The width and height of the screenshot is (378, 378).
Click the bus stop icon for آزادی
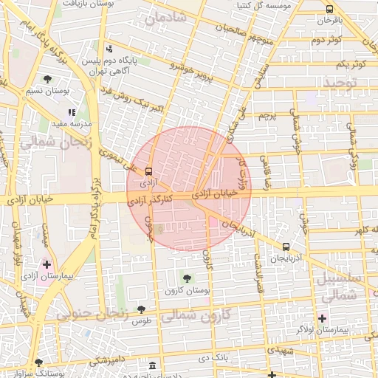coord(150,168)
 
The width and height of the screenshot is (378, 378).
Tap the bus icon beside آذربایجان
coord(286,247)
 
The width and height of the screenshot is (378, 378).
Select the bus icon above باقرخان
coord(329,9)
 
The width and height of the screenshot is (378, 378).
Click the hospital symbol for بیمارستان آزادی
coord(47,264)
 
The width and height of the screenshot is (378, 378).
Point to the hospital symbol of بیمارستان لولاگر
coord(322,317)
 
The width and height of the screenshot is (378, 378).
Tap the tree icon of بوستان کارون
coord(185,278)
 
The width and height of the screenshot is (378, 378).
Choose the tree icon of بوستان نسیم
coord(47,79)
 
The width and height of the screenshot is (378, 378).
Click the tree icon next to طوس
coord(141,309)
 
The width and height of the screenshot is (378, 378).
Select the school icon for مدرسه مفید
coord(72,113)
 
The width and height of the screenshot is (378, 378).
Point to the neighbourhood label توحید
coord(340,83)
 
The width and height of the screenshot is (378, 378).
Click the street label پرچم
coord(266,117)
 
